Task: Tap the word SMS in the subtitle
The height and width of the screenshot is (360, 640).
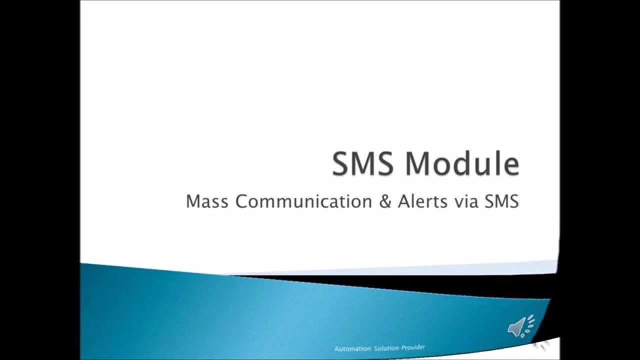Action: tap(500, 201)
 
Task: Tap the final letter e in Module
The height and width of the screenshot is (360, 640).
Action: tap(509, 166)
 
